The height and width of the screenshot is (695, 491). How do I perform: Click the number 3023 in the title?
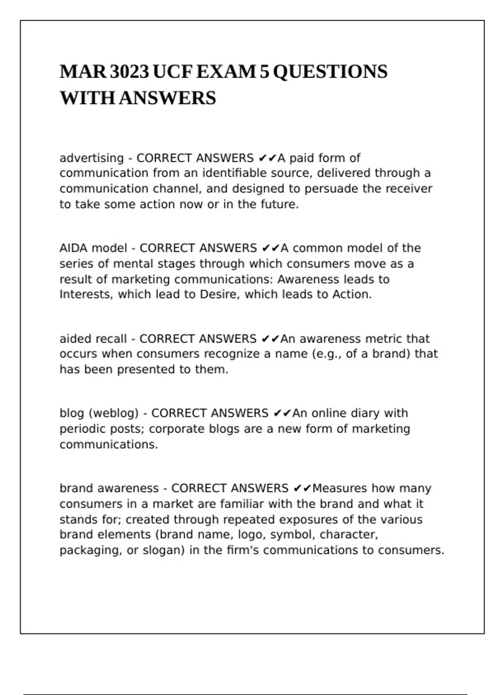129,72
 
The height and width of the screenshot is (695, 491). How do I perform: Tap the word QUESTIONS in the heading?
330,72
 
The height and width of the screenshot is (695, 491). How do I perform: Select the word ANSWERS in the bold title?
167,98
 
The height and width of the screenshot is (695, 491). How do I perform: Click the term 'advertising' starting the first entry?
92,158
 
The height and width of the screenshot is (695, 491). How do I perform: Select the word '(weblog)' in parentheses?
114,413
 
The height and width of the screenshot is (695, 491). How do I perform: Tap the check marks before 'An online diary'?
282,413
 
